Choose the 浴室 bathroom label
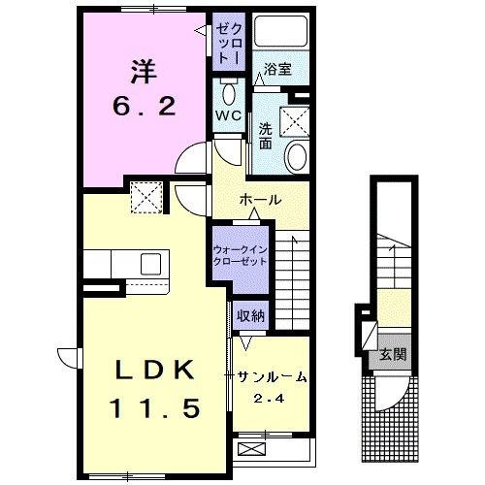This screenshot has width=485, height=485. pos(279,70)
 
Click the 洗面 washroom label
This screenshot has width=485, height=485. pos(266,136)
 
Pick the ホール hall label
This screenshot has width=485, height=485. pos(260,199)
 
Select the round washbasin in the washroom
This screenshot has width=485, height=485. pos(296,154)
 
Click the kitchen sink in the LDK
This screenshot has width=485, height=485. pos(150,263)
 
